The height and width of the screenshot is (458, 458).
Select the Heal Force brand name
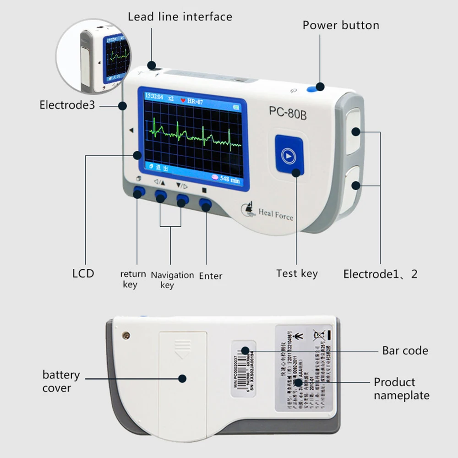click(x=275, y=214)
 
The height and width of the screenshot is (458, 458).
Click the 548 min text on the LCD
click(x=229, y=179)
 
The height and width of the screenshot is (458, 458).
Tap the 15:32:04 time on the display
click(x=155, y=97)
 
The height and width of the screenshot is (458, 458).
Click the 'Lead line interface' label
click(x=180, y=17)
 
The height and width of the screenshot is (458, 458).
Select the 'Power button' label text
click(x=341, y=25)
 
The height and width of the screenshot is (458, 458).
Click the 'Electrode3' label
click(x=67, y=105)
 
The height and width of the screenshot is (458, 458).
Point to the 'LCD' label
click(x=83, y=273)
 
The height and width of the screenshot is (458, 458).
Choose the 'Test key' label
click(x=297, y=273)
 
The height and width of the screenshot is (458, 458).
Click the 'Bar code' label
click(x=405, y=351)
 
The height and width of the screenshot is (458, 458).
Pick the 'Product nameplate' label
click(x=401, y=388)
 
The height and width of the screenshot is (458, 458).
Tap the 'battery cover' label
click(x=61, y=381)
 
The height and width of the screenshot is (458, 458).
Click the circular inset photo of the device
click(x=92, y=55)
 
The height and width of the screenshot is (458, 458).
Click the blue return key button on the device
click(x=138, y=192)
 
